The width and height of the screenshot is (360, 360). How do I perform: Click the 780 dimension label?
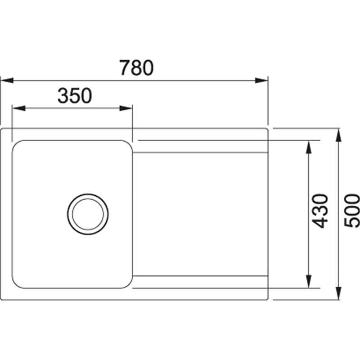(x=137, y=67)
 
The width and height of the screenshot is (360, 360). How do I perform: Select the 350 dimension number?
(x=75, y=95)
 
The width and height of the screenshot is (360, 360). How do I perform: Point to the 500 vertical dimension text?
(x=351, y=211)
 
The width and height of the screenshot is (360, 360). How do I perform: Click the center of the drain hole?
(x=88, y=214)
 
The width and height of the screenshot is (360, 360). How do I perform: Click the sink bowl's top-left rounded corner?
(x=17, y=145)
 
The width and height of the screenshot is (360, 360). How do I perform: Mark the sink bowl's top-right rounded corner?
(x=127, y=145)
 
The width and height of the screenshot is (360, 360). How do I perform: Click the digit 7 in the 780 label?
(x=126, y=67)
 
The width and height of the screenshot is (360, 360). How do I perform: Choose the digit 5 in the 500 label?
(x=351, y=222)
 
